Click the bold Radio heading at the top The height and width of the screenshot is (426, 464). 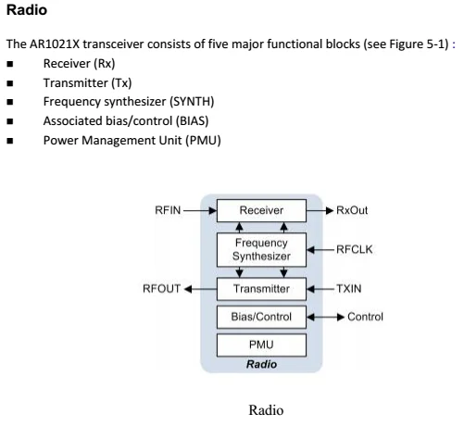27,9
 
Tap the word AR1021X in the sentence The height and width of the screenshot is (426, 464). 55,44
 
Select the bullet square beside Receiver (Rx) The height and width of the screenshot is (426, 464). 10,64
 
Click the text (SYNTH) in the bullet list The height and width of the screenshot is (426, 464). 192,102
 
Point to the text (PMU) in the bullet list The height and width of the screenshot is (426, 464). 203,141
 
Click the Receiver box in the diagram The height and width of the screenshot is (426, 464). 261,210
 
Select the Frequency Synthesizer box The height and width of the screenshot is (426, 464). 261,250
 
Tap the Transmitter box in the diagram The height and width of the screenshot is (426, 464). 261,289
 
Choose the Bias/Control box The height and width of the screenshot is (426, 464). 261,317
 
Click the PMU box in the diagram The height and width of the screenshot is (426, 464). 261,345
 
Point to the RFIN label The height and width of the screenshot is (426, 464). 168,210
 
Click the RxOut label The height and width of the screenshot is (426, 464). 352,210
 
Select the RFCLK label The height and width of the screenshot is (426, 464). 355,249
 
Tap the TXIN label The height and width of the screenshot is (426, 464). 349,289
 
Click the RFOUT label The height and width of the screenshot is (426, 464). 161,289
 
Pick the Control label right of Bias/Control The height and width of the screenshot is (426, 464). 365,317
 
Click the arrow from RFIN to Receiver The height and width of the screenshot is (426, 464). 200,210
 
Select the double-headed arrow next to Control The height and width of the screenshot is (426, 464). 326,317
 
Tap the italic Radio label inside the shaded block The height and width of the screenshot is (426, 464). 261,364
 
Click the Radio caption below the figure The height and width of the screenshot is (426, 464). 266,410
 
